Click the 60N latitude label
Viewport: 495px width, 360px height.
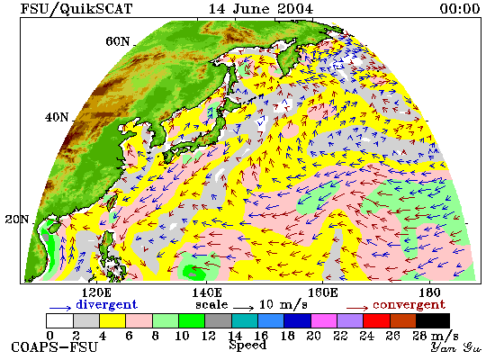point(117,41)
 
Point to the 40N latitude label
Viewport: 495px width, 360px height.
point(57,117)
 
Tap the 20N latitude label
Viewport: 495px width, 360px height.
point(17,220)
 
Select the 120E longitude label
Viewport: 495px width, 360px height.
point(96,293)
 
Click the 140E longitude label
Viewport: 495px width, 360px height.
point(207,293)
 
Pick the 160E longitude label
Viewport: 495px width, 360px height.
point(322,293)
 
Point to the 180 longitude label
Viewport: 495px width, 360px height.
point(429,293)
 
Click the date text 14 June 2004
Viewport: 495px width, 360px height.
point(261,8)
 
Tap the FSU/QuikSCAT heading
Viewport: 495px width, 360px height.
point(76,9)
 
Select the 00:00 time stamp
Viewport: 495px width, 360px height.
point(460,8)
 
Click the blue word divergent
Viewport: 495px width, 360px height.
point(107,304)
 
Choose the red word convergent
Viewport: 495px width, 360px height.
point(409,305)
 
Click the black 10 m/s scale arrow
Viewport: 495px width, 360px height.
point(243,308)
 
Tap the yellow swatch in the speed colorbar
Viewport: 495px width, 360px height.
point(112,320)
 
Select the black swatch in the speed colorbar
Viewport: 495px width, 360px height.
point(433,320)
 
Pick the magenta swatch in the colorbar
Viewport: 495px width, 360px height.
point(324,320)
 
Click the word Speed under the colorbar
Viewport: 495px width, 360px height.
point(247,346)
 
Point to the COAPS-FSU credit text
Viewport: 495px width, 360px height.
point(55,347)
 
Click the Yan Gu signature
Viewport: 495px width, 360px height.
point(456,347)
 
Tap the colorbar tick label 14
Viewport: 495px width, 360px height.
point(235,336)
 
